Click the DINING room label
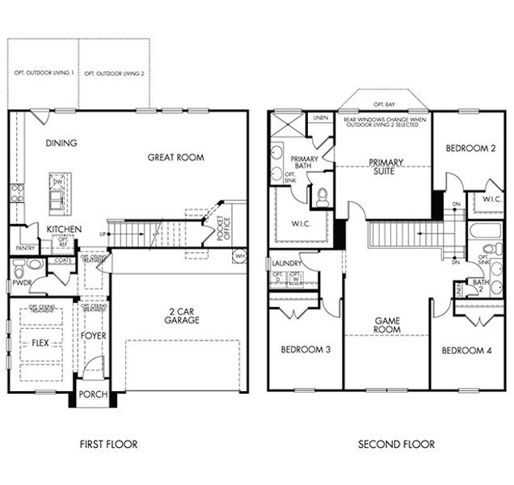coord(61,143)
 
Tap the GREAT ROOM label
coord(175,157)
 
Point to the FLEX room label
coord(40,342)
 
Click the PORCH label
coord(93,394)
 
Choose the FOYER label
coord(94,335)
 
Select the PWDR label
coord(20,284)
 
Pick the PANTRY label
coord(23,248)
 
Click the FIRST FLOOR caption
coord(109,444)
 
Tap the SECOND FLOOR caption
coord(397,444)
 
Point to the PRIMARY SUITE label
coord(386,167)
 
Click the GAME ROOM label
coord(387,325)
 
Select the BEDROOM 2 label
coord(470,148)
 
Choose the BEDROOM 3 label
coord(303,349)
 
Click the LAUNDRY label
coord(288,263)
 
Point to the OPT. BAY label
coord(385,105)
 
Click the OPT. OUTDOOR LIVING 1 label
coord(44,74)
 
